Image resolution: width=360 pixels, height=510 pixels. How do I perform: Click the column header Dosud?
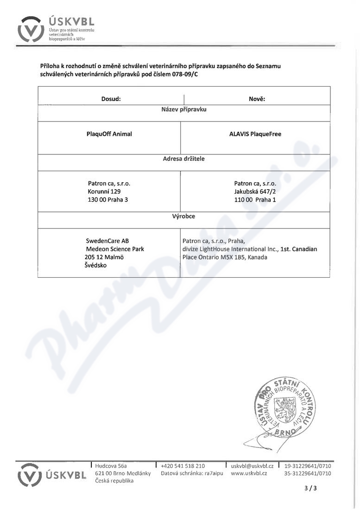pyautogui.click(x=111, y=99)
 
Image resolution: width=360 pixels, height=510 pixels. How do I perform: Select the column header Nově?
pyautogui.click(x=257, y=99)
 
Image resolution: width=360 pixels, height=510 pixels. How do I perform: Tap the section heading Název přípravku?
pyautogui.click(x=183, y=110)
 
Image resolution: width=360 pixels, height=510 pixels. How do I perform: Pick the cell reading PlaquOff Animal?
pyautogui.click(x=109, y=134)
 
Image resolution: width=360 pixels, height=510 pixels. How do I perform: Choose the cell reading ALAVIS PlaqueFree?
pyautogui.click(x=255, y=134)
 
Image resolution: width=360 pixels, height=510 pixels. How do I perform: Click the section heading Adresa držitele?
pyautogui.click(x=183, y=159)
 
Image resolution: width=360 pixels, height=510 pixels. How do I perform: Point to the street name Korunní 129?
pyautogui.click(x=104, y=191)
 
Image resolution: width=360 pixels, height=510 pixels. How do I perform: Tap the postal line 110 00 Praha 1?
pyautogui.click(x=255, y=199)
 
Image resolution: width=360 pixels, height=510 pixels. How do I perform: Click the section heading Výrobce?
pyautogui.click(x=183, y=216)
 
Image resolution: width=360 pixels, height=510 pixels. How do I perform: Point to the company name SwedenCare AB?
pyautogui.click(x=107, y=241)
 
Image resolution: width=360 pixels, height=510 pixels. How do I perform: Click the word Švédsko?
pyautogui.click(x=95, y=265)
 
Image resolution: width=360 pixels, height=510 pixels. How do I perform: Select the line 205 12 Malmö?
pyautogui.click(x=104, y=257)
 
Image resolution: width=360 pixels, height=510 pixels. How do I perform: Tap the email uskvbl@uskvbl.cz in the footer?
pyautogui.click(x=252, y=466)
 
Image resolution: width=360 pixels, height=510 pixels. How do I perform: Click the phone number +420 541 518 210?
pyautogui.click(x=183, y=466)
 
